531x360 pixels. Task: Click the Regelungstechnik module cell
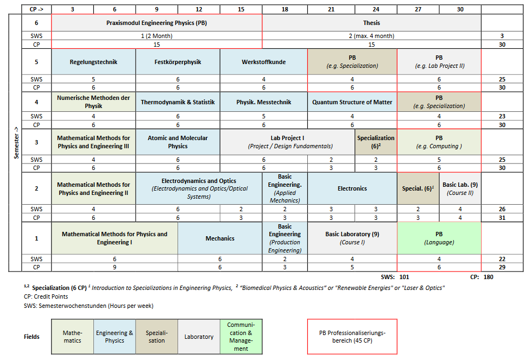[93, 62]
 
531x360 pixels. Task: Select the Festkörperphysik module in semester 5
[178, 62]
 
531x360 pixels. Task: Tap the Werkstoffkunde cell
[264, 62]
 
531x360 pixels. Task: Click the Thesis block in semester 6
[371, 23]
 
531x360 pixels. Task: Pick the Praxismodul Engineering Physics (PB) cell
[157, 23]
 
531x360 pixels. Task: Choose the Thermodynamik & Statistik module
[178, 102]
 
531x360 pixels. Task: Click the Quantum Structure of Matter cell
[352, 102]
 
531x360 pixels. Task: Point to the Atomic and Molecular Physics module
[178, 142]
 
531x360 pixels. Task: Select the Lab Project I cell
[287, 142]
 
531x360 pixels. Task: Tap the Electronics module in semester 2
[352, 188]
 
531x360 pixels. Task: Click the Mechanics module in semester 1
[220, 238]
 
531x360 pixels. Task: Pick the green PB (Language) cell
[439, 238]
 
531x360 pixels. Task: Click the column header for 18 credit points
[285, 9]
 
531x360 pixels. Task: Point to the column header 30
[460, 9]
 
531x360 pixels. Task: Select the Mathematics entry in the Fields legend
[72, 337]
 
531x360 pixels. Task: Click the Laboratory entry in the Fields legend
[199, 337]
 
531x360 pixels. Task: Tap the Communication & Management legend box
[241, 337]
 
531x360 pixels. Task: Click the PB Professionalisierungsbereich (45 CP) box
[352, 337]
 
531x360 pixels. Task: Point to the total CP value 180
[488, 277]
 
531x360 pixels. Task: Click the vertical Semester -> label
[16, 143]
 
